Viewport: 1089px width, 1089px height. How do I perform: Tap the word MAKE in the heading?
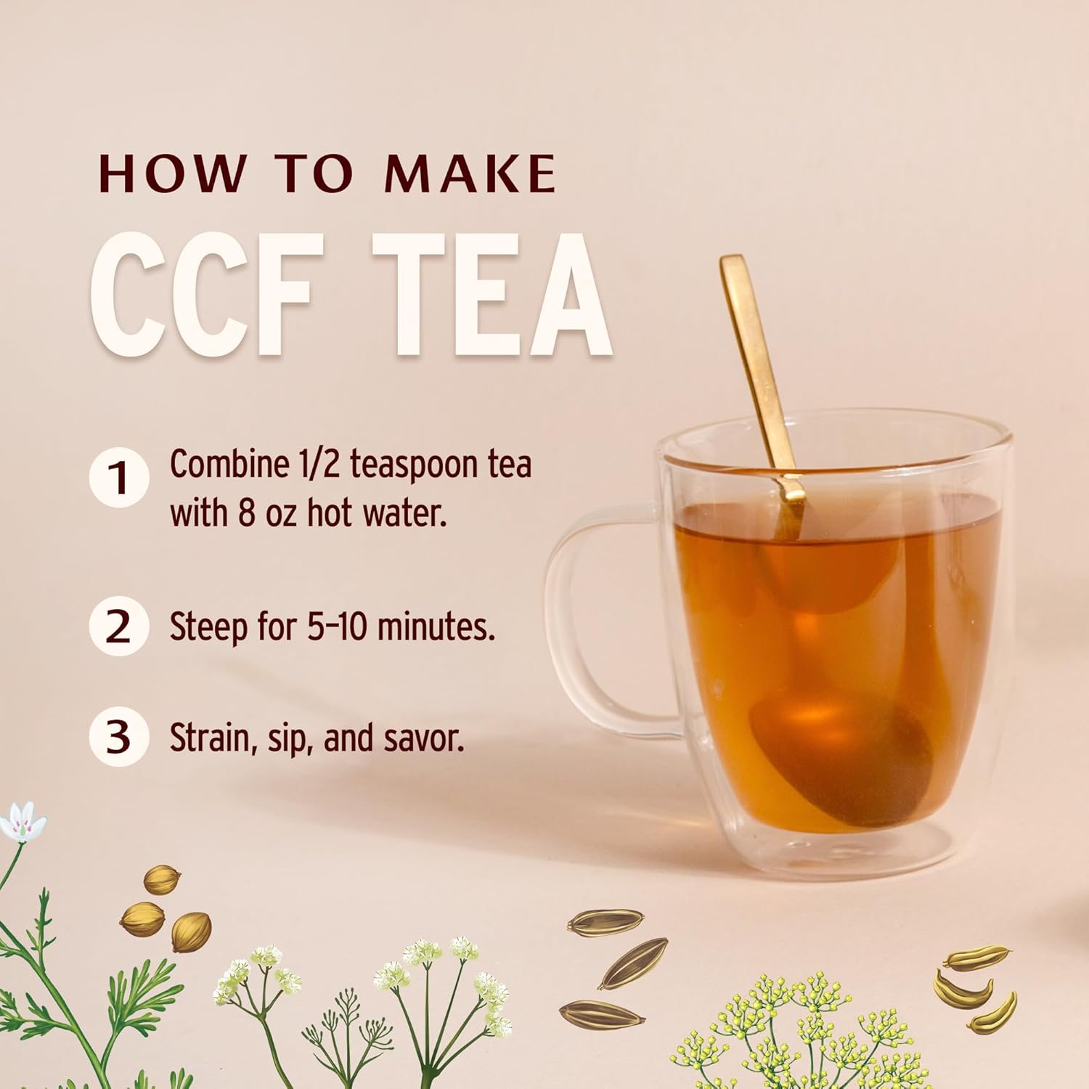470,174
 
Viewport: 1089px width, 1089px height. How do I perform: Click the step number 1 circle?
119,478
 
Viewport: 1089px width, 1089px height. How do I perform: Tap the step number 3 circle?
119,737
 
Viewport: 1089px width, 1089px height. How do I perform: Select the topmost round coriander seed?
162,879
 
